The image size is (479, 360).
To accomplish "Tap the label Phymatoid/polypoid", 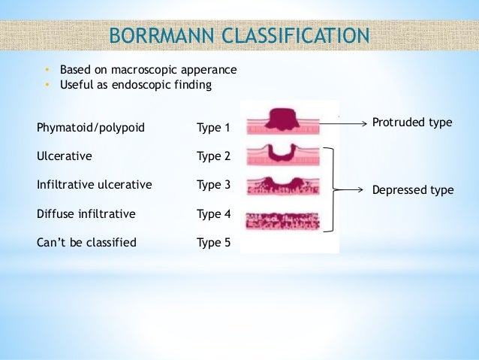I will [90, 128].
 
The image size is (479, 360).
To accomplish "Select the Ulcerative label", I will [65, 156].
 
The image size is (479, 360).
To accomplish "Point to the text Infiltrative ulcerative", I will [94, 185].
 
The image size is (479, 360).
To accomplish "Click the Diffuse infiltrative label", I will [86, 214].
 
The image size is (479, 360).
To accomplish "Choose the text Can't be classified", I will [86, 243].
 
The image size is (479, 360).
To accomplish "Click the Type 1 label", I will [213, 128].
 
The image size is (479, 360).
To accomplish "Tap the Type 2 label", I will [213, 156].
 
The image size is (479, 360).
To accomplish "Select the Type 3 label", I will [213, 185].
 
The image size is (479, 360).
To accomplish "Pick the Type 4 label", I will [213, 214].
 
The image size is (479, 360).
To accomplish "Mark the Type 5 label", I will [213, 243].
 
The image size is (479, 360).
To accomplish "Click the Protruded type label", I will [412, 122].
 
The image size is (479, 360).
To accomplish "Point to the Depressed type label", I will [413, 190].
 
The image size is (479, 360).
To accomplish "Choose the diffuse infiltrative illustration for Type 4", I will [282, 220].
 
